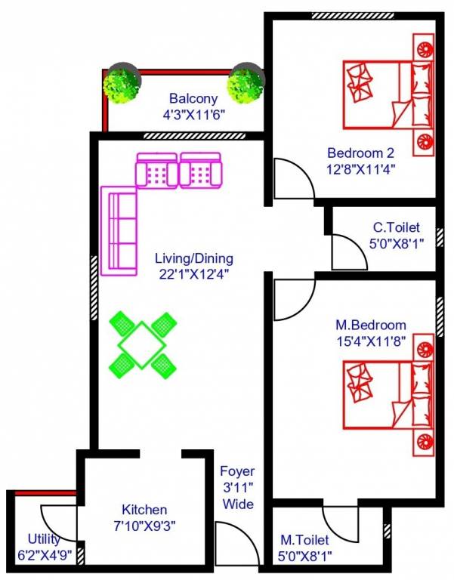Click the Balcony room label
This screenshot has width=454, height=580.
click(x=193, y=98)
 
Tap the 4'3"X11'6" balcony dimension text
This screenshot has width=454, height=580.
click(x=193, y=116)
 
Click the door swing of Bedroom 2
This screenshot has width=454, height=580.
click(x=291, y=178)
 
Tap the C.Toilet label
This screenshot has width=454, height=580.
click(x=396, y=227)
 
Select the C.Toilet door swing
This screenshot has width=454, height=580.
click(x=348, y=251)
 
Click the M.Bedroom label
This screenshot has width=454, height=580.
click(x=371, y=325)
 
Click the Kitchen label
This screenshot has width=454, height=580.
click(x=144, y=510)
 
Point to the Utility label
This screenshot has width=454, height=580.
click(x=44, y=539)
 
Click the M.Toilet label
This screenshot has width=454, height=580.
click(x=304, y=540)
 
